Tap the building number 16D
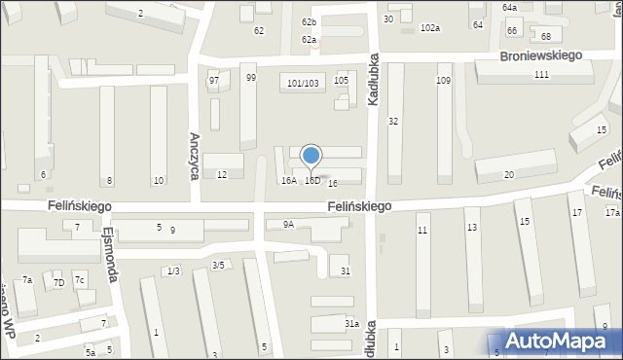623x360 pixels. click(x=312, y=181)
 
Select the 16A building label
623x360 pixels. click(x=288, y=181)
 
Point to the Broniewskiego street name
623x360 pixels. click(x=541, y=55)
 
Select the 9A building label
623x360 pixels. click(x=288, y=225)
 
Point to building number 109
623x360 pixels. click(x=444, y=81)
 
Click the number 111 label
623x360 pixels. click(x=541, y=76)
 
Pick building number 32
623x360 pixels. click(x=393, y=122)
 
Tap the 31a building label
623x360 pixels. click(x=351, y=324)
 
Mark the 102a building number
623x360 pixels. click(x=429, y=28)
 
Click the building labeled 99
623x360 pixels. click(x=250, y=78)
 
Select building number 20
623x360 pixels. click(x=508, y=175)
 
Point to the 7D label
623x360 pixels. click(x=58, y=283)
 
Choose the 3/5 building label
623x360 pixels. click(x=219, y=266)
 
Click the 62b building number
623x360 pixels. click(x=309, y=22)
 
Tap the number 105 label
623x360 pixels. click(x=340, y=80)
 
